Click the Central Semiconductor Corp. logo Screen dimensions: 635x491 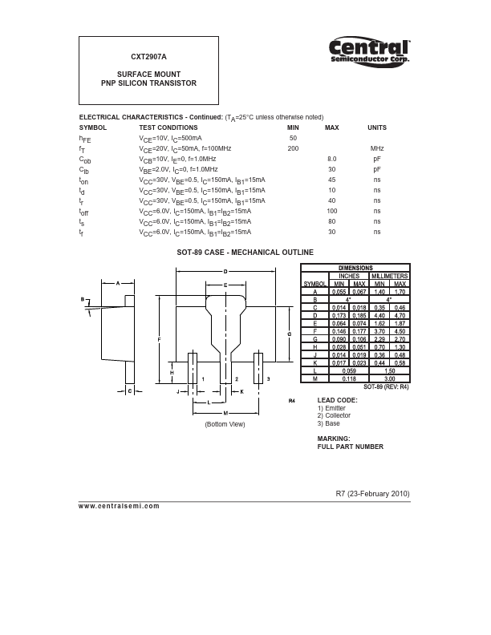click(x=370, y=51)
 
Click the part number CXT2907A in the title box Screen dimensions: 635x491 click(x=148, y=58)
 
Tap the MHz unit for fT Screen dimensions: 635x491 click(x=376, y=149)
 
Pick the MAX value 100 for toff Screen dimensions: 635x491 click(x=331, y=211)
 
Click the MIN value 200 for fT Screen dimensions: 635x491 click(x=293, y=149)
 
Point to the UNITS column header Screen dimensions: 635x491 click(x=376, y=127)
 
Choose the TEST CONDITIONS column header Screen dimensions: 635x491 click(x=168, y=127)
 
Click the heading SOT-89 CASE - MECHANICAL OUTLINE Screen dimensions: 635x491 click(x=245, y=253)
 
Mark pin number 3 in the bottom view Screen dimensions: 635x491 click(x=268, y=378)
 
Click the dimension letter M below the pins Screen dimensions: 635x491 click(x=225, y=412)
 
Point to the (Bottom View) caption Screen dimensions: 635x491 click(x=225, y=423)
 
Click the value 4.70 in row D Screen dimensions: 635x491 click(x=400, y=313)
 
